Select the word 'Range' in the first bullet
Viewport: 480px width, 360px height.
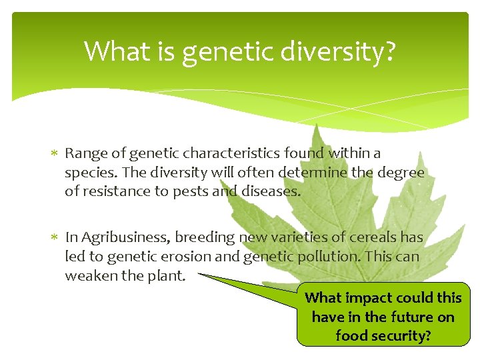pos(83,153)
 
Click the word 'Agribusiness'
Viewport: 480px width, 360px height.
pos(125,237)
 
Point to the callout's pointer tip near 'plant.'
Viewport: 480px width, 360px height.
pos(199,274)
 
